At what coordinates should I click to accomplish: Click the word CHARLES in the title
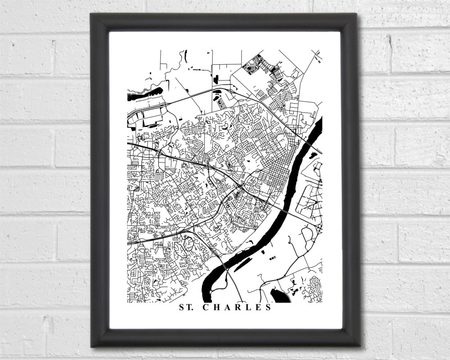coord(237,308)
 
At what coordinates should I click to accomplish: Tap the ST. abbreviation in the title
coord(187,308)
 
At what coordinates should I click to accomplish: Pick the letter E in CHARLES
coord(258,308)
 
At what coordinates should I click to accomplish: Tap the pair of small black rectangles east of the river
coord(272,258)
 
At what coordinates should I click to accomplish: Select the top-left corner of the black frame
coord(92,14)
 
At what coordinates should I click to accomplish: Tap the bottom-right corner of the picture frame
coord(359,346)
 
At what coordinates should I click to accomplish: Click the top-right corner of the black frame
coord(356,14)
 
